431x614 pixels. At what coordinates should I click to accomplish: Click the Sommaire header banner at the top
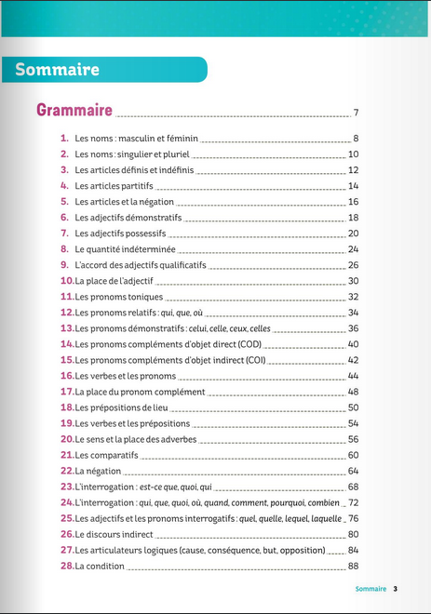click(x=58, y=70)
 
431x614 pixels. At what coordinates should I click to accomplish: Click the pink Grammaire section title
click(x=74, y=111)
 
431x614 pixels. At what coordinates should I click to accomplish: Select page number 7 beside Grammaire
click(x=356, y=113)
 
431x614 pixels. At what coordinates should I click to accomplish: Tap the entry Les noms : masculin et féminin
click(x=136, y=139)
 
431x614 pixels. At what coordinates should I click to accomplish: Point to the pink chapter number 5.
click(x=65, y=202)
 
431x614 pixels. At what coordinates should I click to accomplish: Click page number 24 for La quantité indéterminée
click(x=353, y=249)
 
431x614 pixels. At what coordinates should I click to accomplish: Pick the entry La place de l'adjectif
click(x=114, y=281)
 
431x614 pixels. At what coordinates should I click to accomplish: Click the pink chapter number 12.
click(x=67, y=313)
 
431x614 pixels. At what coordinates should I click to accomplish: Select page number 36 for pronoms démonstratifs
click(x=353, y=328)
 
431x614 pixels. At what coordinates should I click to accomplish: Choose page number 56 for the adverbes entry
click(x=353, y=439)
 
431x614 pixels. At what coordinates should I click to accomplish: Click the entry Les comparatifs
click(x=106, y=455)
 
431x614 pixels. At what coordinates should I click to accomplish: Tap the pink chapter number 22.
click(x=67, y=471)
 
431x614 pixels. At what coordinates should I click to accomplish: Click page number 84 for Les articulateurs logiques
click(x=353, y=550)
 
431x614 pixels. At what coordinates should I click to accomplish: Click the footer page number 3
click(x=395, y=589)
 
